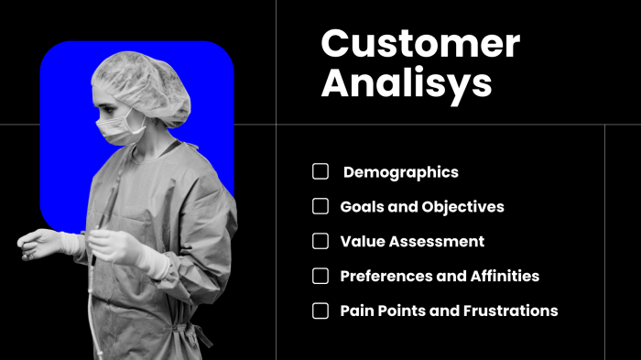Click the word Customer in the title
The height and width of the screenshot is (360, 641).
pos(419,44)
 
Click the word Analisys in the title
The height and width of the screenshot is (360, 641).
pos(406,83)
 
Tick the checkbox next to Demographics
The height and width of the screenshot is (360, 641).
pos(320,171)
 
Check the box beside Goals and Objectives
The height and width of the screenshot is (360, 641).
pos(320,206)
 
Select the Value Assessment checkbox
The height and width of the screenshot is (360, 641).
pos(320,241)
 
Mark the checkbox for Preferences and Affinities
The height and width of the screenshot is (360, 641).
pos(320,276)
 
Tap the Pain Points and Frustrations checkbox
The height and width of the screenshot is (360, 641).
pos(320,311)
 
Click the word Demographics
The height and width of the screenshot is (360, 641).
pos(400,172)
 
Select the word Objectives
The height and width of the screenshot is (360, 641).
pos(462,207)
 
